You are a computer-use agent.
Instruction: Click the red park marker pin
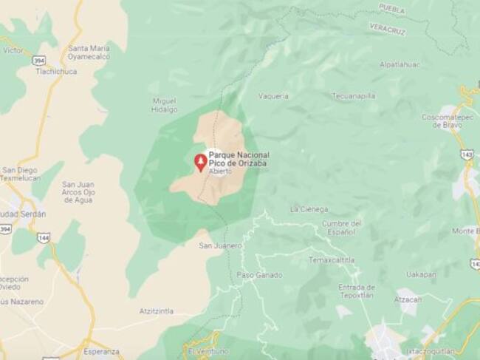tap(200, 162)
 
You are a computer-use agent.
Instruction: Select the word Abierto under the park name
tap(220, 171)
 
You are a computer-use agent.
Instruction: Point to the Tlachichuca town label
tap(56, 72)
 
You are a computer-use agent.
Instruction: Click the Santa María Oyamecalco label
tap(89, 50)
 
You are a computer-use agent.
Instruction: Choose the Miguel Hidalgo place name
tap(165, 105)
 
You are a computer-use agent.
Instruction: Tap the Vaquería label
tap(272, 96)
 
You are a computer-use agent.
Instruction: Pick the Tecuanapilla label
tap(353, 95)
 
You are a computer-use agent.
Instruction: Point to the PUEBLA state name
tap(391, 9)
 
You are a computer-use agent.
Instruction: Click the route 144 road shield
tap(44, 238)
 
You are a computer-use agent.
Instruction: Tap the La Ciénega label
tap(309, 209)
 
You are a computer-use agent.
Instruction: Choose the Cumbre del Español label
tap(342, 228)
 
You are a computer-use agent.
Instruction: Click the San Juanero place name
tap(220, 245)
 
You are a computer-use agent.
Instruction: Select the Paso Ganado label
tap(259, 275)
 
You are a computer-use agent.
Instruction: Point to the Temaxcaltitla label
tap(332, 260)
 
